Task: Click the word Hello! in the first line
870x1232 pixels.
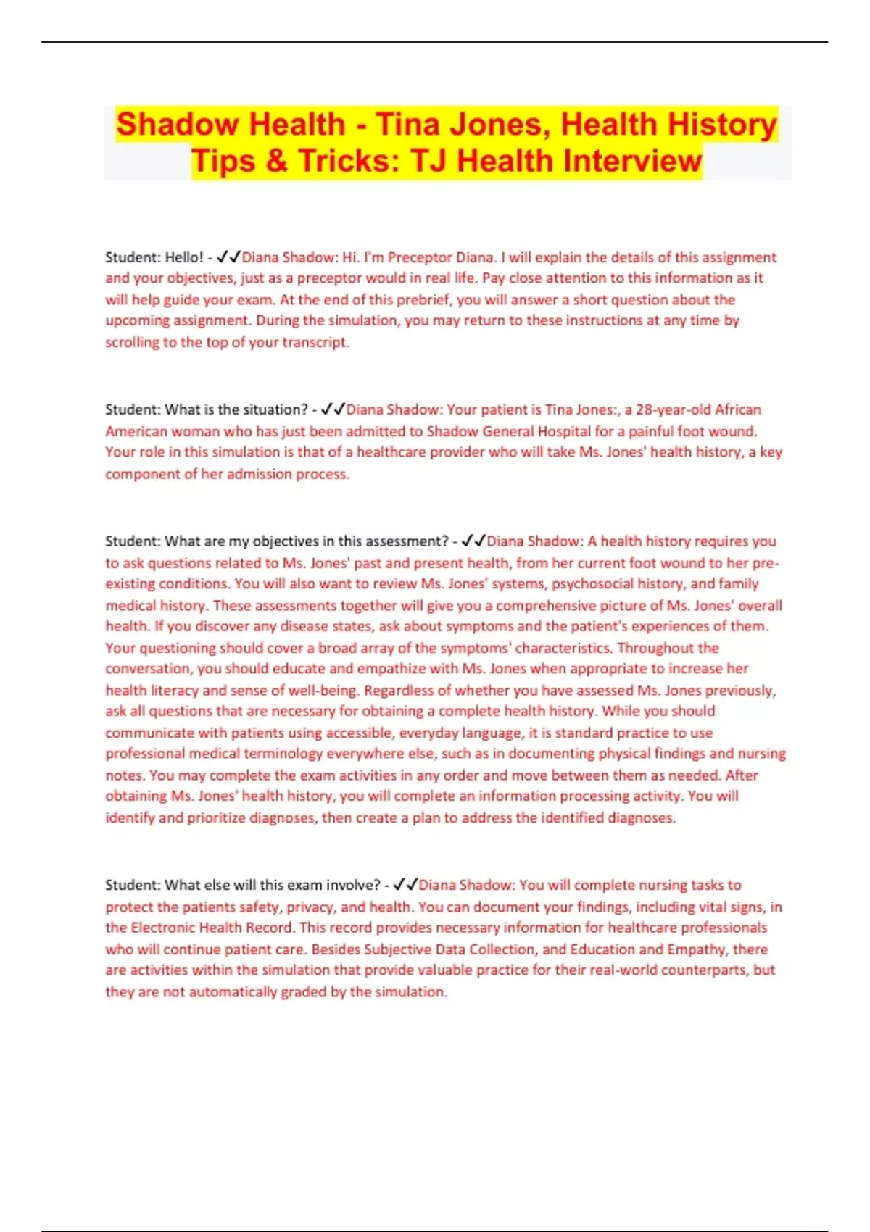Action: click(x=184, y=257)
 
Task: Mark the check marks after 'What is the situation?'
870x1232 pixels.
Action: click(x=333, y=409)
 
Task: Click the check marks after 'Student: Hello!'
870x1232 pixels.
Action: click(x=228, y=257)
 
